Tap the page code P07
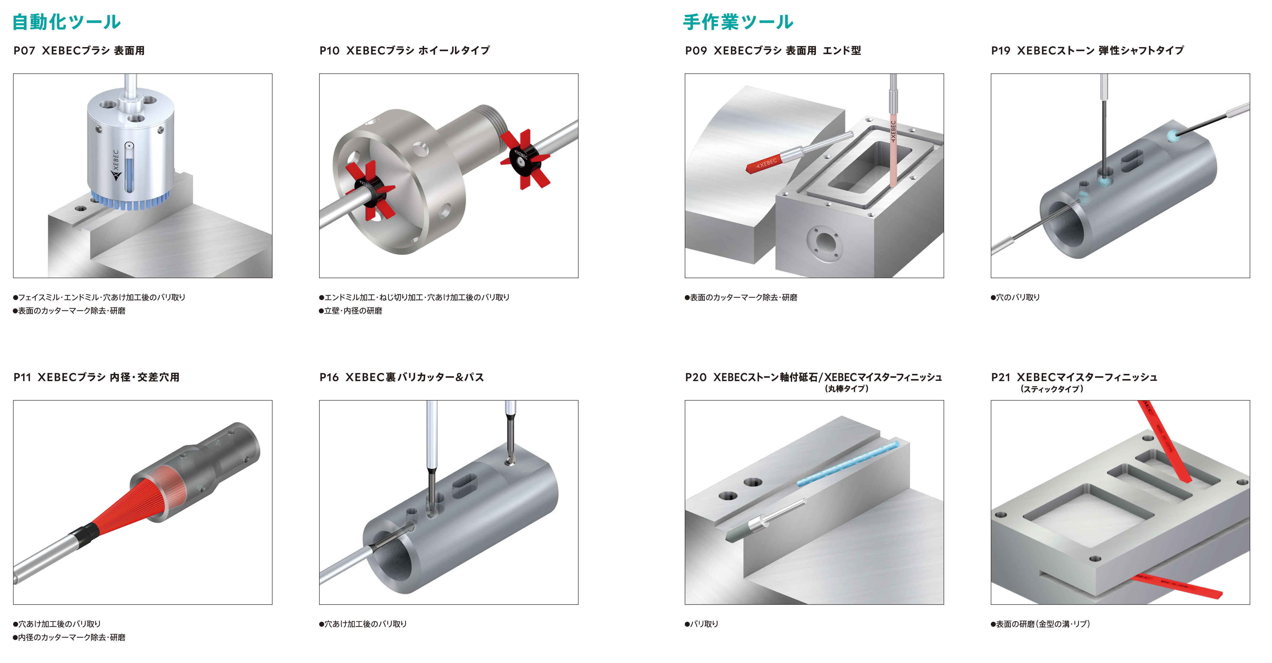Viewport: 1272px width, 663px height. point(24,50)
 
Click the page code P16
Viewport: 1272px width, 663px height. point(329,377)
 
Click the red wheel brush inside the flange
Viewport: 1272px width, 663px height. point(369,190)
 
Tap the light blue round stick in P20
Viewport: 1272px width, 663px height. point(848,463)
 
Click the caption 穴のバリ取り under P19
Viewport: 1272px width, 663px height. point(1016,297)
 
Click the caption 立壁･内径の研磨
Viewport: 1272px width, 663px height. point(350,311)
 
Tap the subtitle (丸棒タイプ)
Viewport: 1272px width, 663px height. point(847,389)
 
